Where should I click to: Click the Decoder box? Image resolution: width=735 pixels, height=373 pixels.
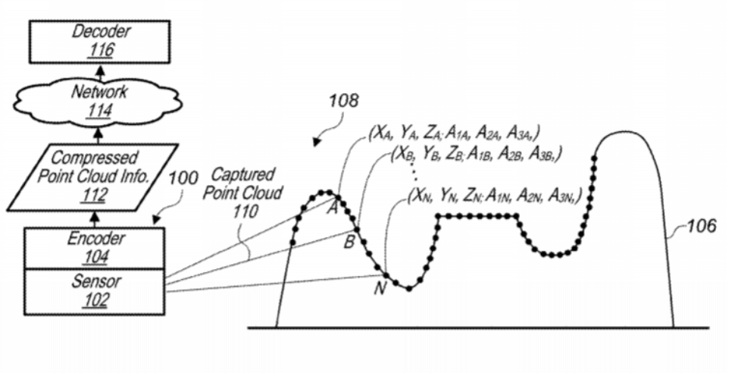(x=99, y=42)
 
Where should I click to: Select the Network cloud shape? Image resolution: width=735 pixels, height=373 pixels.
(x=98, y=102)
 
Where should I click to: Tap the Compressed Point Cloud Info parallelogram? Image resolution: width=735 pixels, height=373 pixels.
(x=92, y=177)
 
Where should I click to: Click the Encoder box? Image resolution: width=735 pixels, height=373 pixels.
(x=94, y=248)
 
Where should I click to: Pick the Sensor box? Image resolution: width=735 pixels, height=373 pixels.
(x=94, y=292)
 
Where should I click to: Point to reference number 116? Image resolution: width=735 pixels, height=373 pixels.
(x=100, y=50)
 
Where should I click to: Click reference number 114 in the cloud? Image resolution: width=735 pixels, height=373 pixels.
(x=99, y=111)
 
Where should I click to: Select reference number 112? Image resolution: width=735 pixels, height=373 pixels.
(x=94, y=195)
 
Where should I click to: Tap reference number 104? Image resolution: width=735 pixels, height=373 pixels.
(x=95, y=257)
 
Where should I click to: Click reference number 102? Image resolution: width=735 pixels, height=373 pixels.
(x=95, y=299)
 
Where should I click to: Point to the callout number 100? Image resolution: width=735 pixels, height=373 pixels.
(x=183, y=178)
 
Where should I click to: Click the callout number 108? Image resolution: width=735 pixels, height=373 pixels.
(x=343, y=101)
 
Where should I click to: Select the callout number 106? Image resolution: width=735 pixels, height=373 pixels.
(x=702, y=226)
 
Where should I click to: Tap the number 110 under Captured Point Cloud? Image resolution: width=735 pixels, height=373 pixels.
(x=246, y=212)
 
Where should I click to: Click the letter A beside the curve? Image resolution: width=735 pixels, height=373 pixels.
(x=332, y=208)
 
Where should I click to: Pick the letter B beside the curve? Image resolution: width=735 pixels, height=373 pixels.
(x=349, y=243)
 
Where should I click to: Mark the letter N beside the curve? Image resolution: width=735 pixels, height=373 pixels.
(x=380, y=289)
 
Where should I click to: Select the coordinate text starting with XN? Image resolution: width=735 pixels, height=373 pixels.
(x=495, y=196)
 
